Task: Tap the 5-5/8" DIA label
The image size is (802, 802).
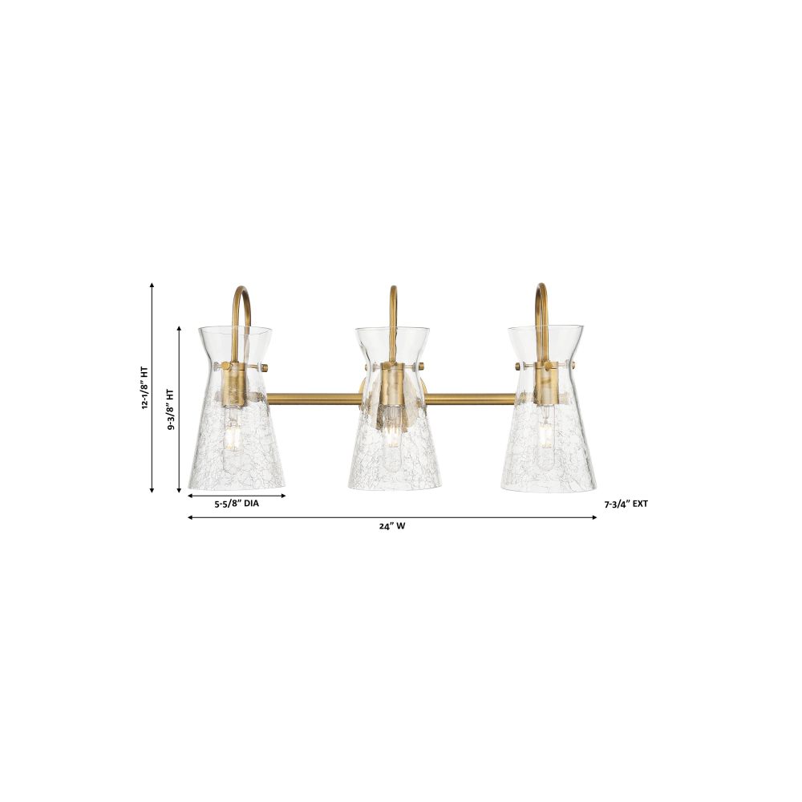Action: click(x=237, y=504)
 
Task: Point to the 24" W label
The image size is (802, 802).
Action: click(x=392, y=526)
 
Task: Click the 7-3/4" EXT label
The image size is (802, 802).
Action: click(x=626, y=504)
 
